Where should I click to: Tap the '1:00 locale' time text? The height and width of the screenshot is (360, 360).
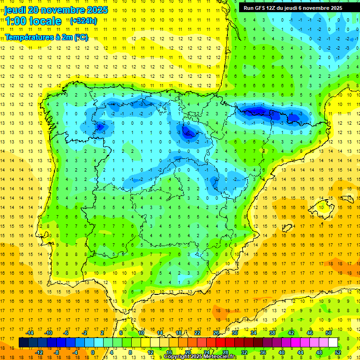pos(33,21)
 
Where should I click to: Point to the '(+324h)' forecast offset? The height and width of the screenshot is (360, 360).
pos(83,21)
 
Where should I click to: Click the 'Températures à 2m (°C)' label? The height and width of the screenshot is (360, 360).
pos(46,37)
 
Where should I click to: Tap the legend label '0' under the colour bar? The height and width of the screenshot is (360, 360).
pos(92,352)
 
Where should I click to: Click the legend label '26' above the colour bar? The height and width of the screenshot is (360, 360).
pos(216,333)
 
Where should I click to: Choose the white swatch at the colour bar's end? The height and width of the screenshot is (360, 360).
pos(333,343)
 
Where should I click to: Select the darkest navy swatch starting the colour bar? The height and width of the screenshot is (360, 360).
pos(23,343)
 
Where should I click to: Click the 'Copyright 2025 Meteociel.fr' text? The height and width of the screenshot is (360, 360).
pos(200,357)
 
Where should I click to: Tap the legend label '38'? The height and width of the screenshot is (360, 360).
pos(272,333)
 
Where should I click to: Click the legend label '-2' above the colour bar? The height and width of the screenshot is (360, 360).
pos(84,333)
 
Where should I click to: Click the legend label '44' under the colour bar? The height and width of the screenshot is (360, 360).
pos(300,352)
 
